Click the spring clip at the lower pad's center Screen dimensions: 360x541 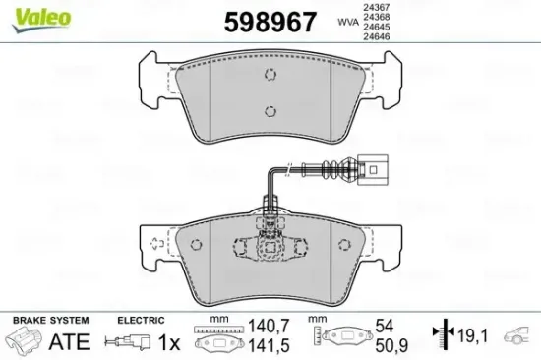pyautogui.click(x=269, y=247)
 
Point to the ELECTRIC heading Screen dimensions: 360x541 pyautogui.click(x=140, y=321)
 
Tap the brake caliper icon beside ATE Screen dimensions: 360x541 pyautogui.click(x=23, y=341)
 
